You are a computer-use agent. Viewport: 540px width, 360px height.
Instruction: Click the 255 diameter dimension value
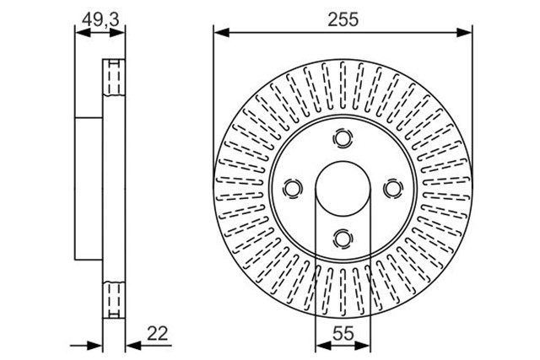click(343, 19)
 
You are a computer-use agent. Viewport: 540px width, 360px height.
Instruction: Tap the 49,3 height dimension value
click(100, 19)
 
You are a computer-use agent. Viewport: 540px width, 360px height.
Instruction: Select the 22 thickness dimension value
click(158, 333)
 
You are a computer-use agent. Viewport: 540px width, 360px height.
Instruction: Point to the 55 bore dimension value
click(343, 333)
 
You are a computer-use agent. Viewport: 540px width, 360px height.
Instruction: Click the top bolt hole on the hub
click(343, 138)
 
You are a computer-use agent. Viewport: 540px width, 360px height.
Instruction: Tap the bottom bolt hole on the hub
click(343, 238)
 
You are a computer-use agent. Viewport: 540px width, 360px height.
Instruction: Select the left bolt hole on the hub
click(293, 189)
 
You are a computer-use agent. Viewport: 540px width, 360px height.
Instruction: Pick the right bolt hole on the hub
click(393, 189)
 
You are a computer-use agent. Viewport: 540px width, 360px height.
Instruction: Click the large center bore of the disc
click(343, 189)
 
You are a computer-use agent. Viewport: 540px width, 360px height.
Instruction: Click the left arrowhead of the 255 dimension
click(221, 33)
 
